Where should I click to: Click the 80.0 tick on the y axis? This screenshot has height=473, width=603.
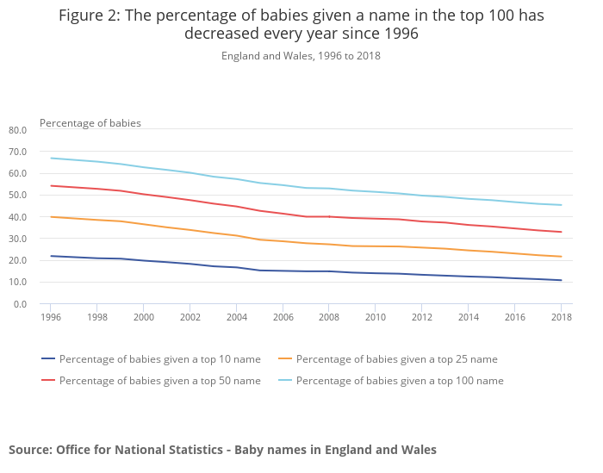[x=18, y=130]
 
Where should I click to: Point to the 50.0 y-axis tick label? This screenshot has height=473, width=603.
[x=18, y=196]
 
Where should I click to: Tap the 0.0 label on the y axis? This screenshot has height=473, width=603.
[x=21, y=304]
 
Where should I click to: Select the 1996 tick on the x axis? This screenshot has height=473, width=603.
[x=50, y=318]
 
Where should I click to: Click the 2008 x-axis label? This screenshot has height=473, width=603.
[x=328, y=318]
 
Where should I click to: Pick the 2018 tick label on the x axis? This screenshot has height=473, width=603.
[x=561, y=318]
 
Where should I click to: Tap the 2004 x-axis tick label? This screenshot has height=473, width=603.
[x=236, y=318]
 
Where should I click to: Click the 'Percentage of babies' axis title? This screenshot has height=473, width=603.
[x=90, y=123]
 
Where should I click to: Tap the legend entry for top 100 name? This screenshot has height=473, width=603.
[x=400, y=380]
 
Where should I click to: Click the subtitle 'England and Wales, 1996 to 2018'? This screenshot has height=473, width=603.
[x=301, y=56]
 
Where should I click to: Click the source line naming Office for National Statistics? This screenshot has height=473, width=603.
[x=222, y=450]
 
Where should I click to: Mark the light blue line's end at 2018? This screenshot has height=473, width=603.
[x=561, y=205]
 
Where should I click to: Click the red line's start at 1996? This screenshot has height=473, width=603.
[x=51, y=185]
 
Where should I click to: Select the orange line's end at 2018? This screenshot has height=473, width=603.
[x=561, y=257]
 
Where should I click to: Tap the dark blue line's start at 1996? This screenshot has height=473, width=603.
[x=51, y=256]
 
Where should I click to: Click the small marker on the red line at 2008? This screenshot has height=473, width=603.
[x=328, y=216]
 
